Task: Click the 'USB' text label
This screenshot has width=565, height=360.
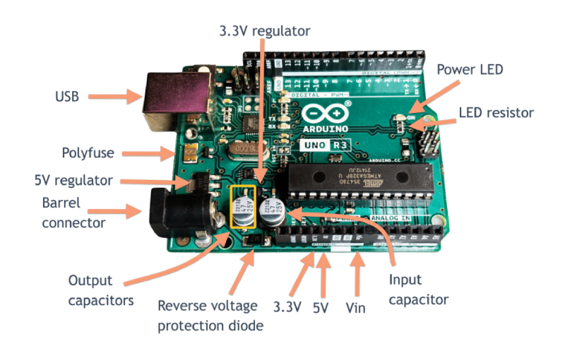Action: pos(66,96)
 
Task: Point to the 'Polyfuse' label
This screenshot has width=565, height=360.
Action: pos(88,152)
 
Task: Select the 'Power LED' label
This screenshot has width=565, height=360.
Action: pos(470,70)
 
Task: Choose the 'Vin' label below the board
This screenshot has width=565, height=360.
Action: pos(357,308)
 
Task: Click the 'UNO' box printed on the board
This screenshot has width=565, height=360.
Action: pos(314,146)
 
